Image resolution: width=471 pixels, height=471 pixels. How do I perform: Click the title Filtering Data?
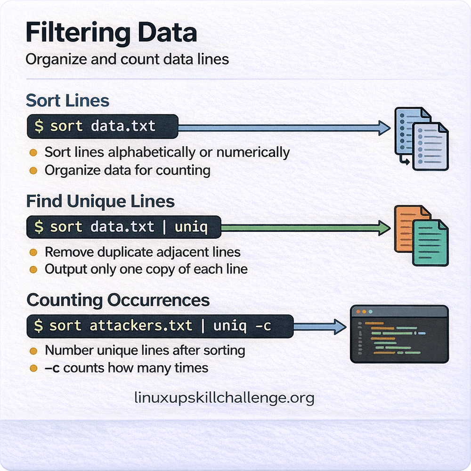tap(111, 34)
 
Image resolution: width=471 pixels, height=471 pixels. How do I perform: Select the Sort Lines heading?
tap(67, 100)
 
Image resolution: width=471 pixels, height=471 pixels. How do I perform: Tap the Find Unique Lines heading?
tap(100, 201)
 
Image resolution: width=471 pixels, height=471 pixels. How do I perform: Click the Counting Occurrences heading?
tap(118, 300)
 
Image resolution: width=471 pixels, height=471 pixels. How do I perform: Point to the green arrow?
tap(306, 228)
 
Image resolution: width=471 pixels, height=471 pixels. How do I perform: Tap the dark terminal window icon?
tap(399, 334)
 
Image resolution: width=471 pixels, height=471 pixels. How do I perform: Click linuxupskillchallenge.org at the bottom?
tap(224, 398)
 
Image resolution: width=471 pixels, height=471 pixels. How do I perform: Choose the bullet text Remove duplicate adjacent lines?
tap(143, 252)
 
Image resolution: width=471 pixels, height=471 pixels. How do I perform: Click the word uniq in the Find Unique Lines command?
tap(191, 227)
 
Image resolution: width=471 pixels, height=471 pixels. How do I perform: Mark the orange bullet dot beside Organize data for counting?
tap(33, 170)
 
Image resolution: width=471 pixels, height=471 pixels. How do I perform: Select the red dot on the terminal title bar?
tap(357, 312)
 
